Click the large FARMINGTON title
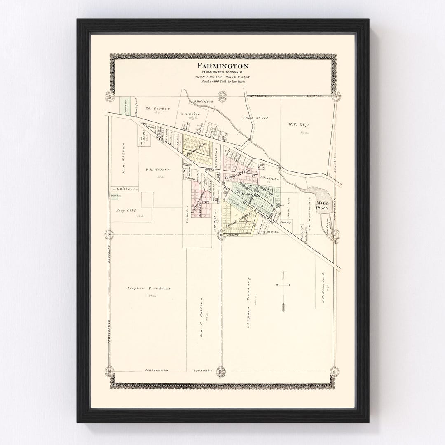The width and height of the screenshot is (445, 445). coord(222,66)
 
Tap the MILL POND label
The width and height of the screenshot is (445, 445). coord(322,206)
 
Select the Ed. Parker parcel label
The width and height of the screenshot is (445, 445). coord(158,109)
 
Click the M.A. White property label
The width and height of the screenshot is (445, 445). coord(190,114)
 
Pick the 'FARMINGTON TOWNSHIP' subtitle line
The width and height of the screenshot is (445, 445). coord(222,73)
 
